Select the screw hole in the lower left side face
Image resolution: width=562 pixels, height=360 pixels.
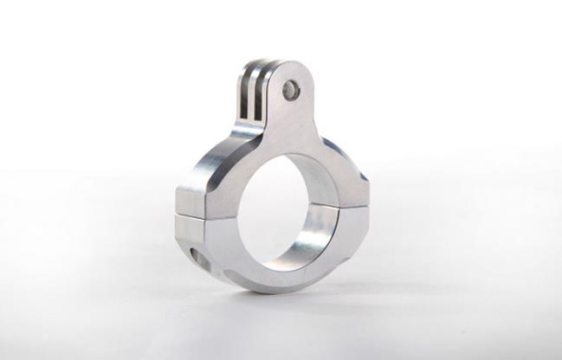click(x=195, y=257)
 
